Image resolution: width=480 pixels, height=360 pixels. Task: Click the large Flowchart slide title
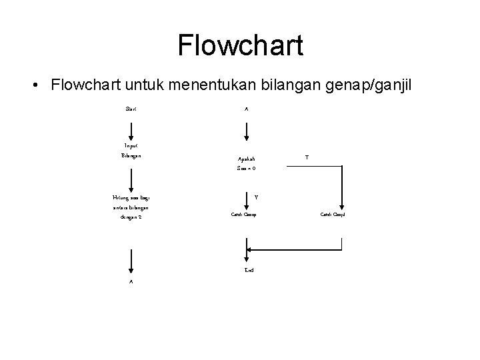240,45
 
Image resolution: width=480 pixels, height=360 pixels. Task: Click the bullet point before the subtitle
33,86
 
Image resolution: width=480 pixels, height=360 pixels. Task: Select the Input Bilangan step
131,151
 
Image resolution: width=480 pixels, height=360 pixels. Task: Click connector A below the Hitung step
131,282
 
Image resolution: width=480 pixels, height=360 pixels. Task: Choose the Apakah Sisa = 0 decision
246,164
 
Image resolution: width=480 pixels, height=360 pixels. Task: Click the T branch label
306,157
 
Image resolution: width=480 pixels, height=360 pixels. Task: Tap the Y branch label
257,197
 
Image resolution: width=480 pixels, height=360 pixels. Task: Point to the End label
249,270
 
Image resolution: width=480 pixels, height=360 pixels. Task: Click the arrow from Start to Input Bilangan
131,129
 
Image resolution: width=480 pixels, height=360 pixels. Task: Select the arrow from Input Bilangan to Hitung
131,179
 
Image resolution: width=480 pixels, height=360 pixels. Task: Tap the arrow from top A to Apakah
246,129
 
